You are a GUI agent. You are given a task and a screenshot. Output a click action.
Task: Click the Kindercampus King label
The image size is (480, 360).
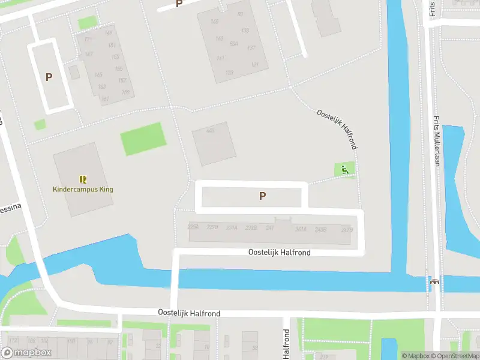click(83, 190)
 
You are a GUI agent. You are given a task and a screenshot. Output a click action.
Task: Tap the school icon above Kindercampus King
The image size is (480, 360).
click(83, 179)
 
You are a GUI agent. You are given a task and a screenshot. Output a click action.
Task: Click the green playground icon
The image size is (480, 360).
click(344, 170)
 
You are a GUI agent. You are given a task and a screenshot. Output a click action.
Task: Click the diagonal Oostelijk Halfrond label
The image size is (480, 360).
click(338, 128)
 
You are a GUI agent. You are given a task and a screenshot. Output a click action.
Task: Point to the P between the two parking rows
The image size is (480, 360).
click(262, 196)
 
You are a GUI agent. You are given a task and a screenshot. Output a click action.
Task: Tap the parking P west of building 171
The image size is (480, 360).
click(49, 77)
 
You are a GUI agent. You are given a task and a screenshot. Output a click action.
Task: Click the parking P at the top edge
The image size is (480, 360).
click(179, 4)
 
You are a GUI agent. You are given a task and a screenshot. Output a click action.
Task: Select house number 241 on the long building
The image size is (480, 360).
click(270, 228)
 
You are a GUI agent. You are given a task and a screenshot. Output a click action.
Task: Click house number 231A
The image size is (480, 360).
click(232, 228)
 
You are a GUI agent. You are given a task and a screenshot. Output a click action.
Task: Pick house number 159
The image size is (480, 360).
click(125, 92)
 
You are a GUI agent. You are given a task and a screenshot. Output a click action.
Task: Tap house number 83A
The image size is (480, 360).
click(234, 43)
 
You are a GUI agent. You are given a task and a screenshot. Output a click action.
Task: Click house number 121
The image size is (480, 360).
click(255, 65)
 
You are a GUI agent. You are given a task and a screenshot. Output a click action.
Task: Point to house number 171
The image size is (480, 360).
click(88, 40)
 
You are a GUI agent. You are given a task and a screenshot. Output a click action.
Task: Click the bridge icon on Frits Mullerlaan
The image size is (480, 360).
click(434, 281)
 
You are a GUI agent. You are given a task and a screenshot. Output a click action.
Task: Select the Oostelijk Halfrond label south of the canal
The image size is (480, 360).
click(189, 313)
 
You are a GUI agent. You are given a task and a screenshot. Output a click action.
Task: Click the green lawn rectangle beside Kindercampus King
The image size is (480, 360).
click(143, 139)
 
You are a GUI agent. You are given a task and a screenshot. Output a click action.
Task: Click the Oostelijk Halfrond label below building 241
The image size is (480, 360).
click(280, 253)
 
